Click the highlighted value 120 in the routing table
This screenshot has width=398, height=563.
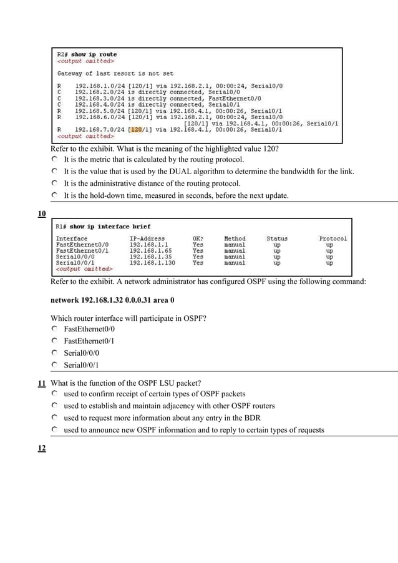pos(135,130)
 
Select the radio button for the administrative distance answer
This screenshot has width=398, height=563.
pos(54,184)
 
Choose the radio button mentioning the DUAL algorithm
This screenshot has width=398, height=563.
pos(54,172)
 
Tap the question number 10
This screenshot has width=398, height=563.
pos(42,215)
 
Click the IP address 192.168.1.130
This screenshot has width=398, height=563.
pos(152,263)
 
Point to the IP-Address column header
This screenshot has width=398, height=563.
pos(147,238)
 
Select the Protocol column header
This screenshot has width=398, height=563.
pos(332,238)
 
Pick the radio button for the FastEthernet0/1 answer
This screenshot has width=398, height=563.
pos(54,341)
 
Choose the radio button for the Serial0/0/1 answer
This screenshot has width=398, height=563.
pos(54,365)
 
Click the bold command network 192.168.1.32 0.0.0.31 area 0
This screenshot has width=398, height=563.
pos(112,300)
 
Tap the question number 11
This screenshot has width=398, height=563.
pos(42,383)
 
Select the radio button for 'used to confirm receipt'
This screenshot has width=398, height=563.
pos(54,394)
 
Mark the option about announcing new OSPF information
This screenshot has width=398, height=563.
pos(54,430)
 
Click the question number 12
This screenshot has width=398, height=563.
pos(42,448)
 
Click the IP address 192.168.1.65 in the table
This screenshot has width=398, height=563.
pos(150,250)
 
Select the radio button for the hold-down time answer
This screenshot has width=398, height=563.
pos(54,195)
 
